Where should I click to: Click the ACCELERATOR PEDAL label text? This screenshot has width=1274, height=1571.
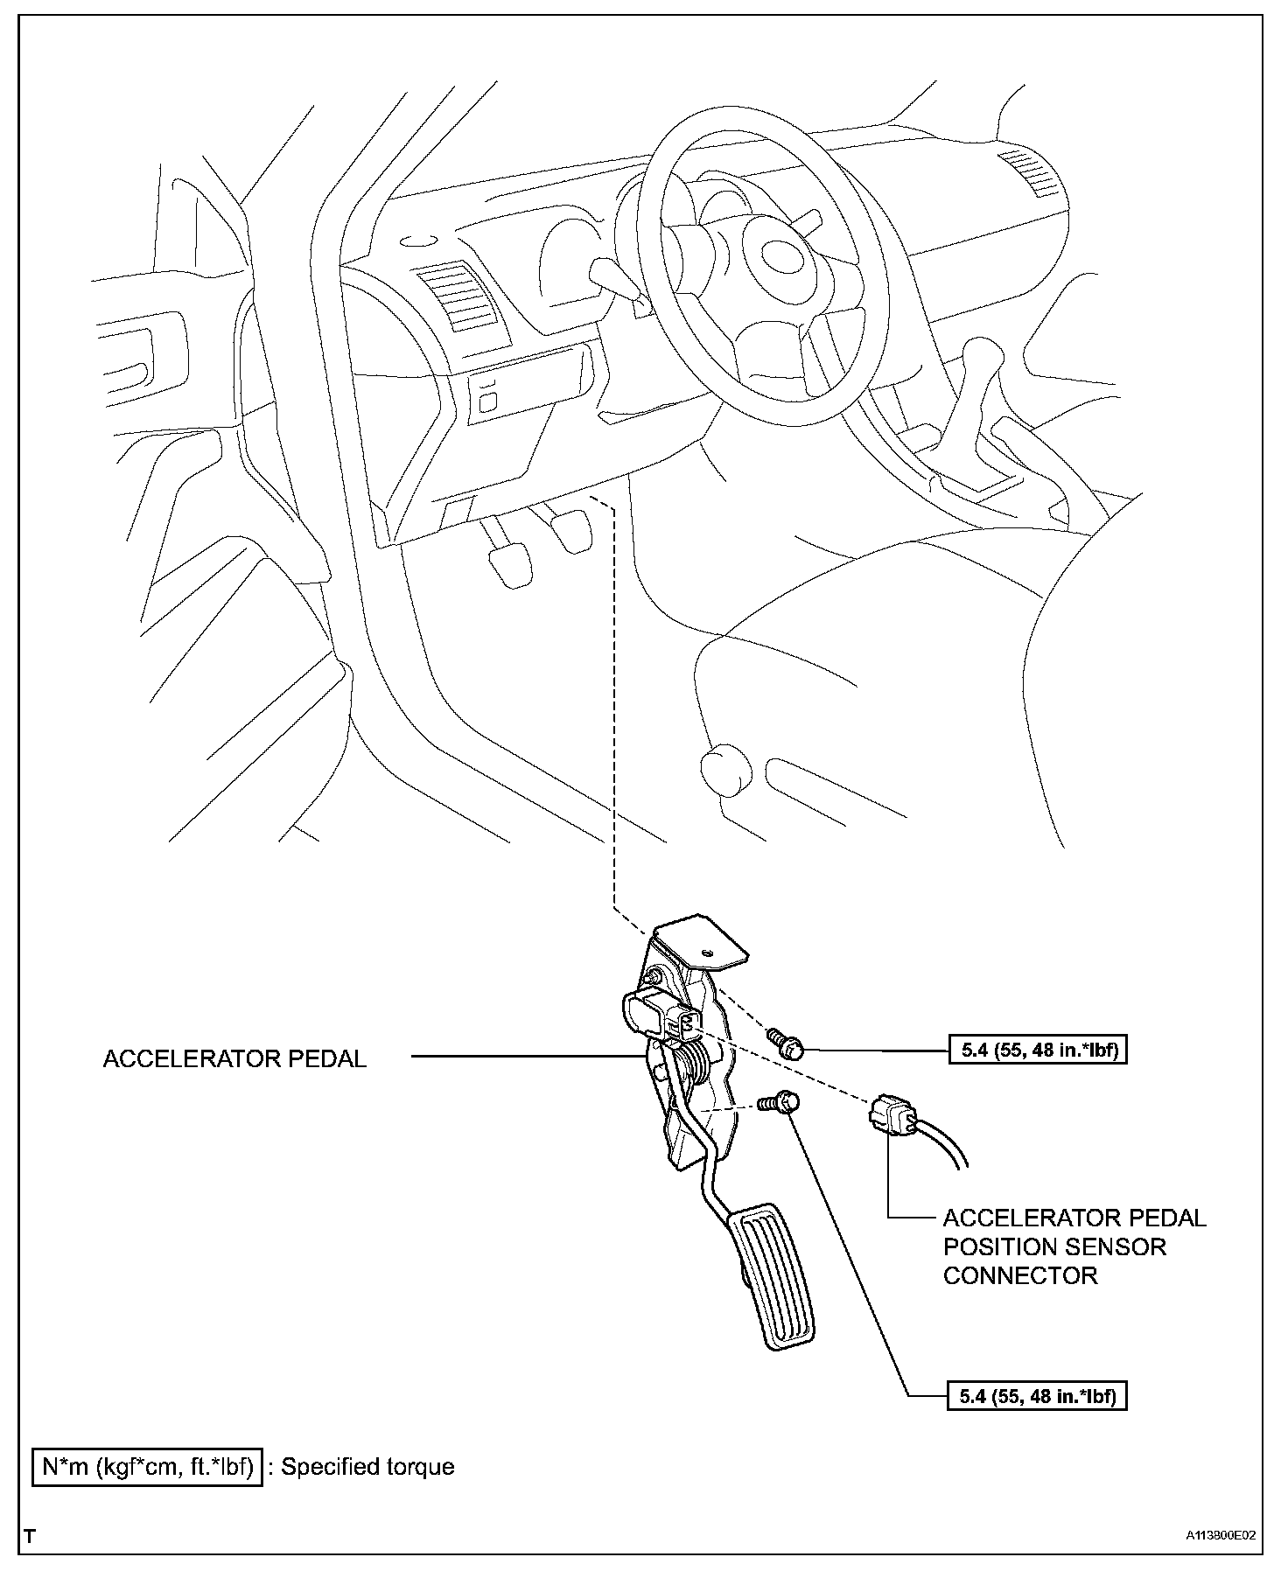[234, 1058]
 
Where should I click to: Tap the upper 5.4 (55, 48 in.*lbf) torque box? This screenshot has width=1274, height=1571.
[1038, 1050]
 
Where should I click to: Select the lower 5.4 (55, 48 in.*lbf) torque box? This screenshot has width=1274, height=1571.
[1038, 1397]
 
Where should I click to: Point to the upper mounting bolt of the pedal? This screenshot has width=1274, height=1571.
[787, 1043]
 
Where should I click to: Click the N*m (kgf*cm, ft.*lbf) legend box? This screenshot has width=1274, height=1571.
[147, 1466]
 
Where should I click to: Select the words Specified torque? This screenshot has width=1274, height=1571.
[367, 1466]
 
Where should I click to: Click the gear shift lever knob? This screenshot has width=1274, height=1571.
[977, 359]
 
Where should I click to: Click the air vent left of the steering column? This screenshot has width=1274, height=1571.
[455, 300]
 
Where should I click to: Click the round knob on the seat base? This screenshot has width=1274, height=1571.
[726, 770]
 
